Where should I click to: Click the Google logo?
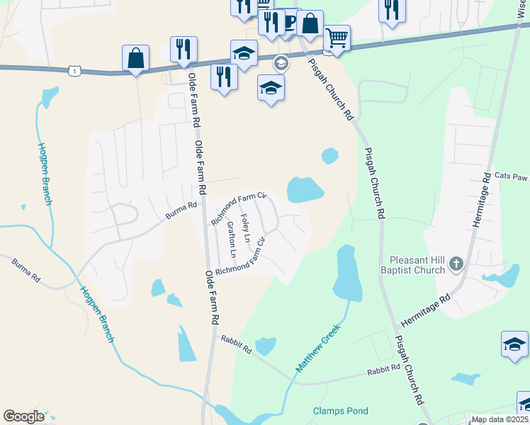[x=23, y=416]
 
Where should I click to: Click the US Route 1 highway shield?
[x=74, y=70]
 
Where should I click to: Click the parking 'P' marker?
[x=289, y=22]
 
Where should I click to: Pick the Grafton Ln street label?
[x=232, y=240]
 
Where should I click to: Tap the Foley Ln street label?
[x=245, y=226]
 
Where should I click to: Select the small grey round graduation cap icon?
[x=281, y=63]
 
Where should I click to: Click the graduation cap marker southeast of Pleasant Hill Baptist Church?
[x=514, y=344]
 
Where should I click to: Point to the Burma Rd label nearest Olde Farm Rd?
[x=181, y=208]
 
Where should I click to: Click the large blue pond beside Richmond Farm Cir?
[x=305, y=189]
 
